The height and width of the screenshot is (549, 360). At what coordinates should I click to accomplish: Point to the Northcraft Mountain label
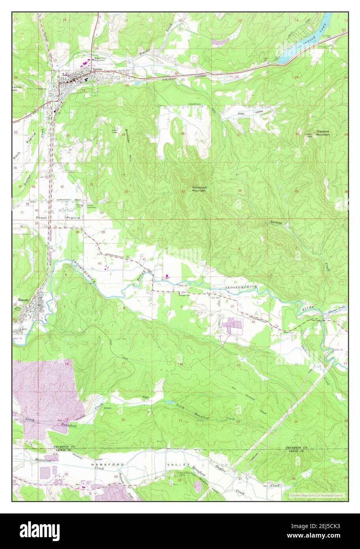tap(199, 189)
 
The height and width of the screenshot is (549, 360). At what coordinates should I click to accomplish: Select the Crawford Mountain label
tap(322, 133)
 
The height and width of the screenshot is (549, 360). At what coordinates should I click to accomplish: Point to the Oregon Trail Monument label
tap(100, 60)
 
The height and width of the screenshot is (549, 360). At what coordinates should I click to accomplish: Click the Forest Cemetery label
tap(92, 206)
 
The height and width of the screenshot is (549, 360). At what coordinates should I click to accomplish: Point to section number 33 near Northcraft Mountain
tap(183, 192)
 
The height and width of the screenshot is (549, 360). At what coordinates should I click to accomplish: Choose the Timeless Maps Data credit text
tap(316, 495)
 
